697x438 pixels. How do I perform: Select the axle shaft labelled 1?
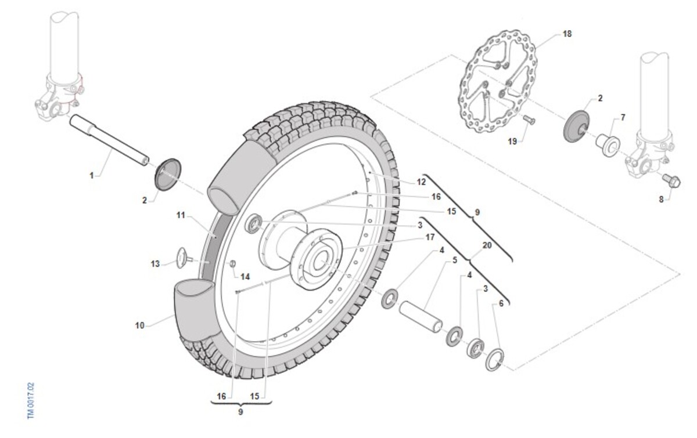(109, 140)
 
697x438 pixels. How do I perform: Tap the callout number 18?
(567, 34)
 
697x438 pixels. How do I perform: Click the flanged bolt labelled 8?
(671, 180)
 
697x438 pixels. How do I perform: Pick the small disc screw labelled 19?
(529, 120)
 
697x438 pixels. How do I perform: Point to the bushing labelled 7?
(608, 145)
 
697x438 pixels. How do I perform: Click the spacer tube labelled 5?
(421, 316)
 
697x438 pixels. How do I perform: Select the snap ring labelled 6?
(495, 360)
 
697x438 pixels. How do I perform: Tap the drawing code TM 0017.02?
(31, 401)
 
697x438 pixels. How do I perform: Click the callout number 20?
(487, 245)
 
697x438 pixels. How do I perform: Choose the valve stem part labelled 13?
(185, 258)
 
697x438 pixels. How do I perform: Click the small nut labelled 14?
(232, 264)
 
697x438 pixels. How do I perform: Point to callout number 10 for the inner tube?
(140, 325)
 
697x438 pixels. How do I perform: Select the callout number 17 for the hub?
(430, 237)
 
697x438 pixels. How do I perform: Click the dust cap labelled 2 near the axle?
(168, 175)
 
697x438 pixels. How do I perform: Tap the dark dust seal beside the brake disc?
(577, 126)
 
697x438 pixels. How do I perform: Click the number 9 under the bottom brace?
(240, 412)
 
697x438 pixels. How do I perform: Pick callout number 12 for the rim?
(421, 182)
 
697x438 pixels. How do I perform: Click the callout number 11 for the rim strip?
(181, 215)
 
